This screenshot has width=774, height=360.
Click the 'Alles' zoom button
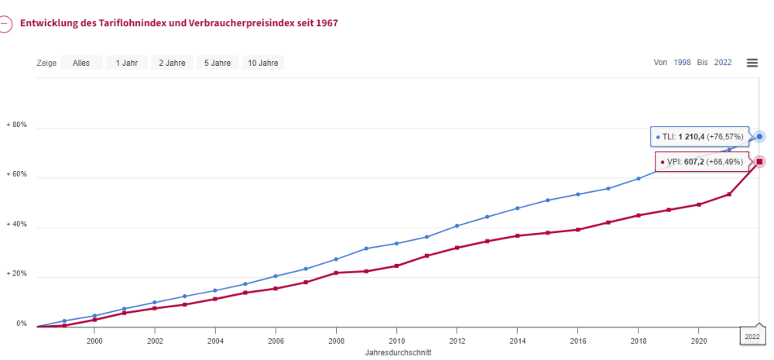[81, 63]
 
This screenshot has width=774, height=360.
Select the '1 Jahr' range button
[127, 63]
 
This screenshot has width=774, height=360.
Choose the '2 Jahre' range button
[172, 63]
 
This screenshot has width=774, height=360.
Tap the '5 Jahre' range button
[217, 63]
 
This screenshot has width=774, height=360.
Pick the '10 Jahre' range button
[263, 63]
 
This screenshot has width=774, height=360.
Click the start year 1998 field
[683, 63]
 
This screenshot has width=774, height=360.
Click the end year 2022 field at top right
[723, 63]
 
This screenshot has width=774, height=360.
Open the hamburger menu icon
[752, 63]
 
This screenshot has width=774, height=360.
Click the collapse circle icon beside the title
[5, 23]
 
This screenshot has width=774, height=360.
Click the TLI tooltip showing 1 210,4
[700, 137]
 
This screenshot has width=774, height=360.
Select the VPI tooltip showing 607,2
[702, 162]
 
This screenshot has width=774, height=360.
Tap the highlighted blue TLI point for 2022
[760, 136]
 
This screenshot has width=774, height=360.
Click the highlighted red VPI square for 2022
[760, 161]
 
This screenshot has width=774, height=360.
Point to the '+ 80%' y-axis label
[17, 125]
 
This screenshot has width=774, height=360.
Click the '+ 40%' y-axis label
[17, 225]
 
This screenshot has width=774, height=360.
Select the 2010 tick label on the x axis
[397, 341]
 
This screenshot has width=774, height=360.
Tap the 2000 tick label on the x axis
[94, 341]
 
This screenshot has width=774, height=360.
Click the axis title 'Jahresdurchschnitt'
[398, 352]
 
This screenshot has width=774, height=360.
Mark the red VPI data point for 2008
[336, 273]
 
